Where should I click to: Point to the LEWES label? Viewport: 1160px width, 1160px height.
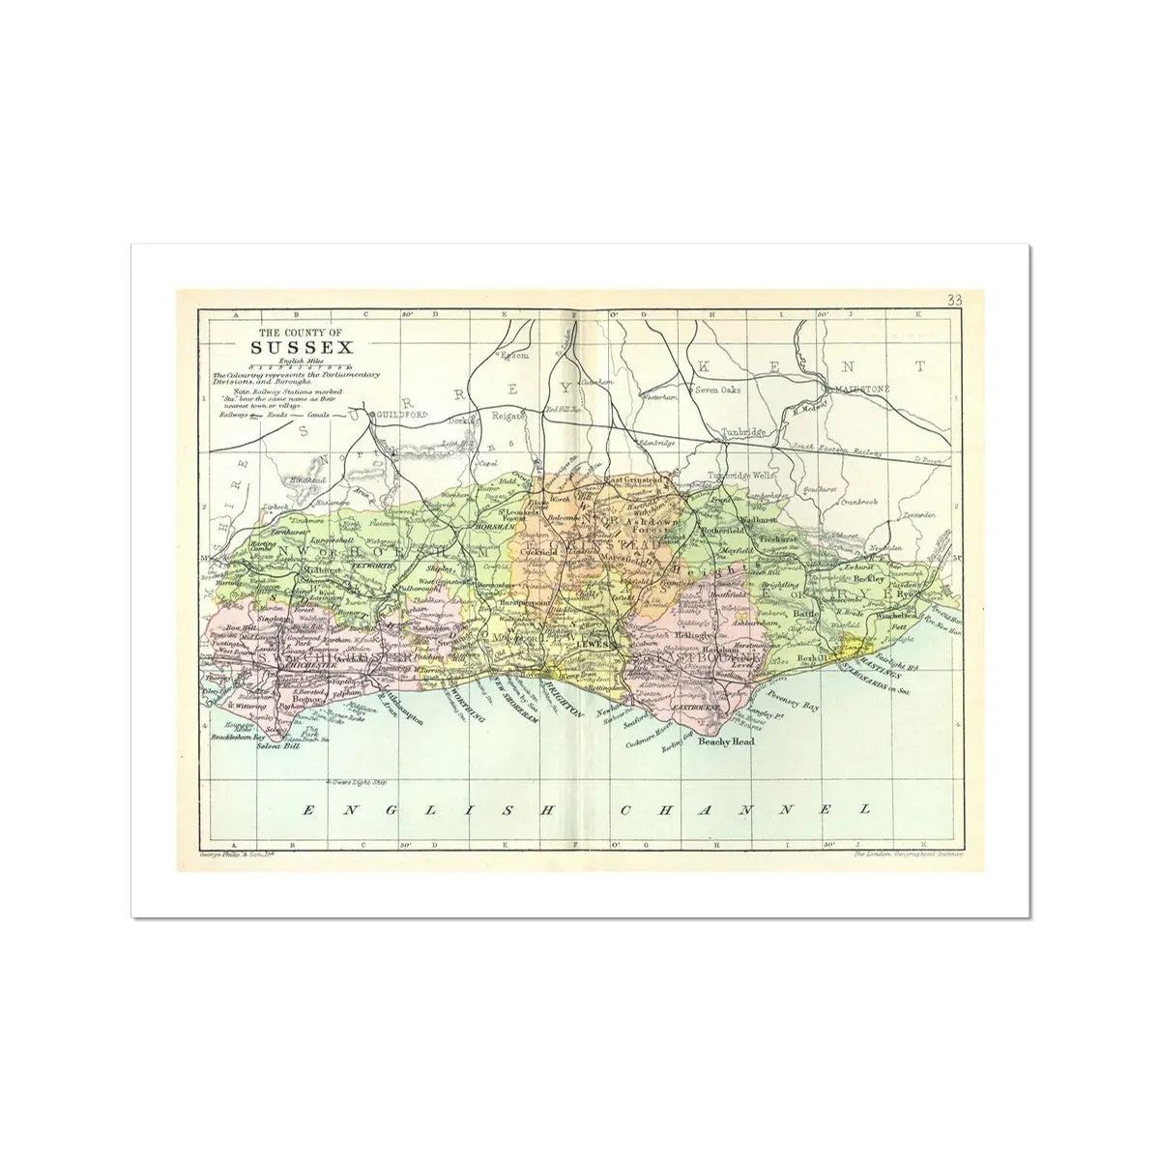(x=589, y=643)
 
